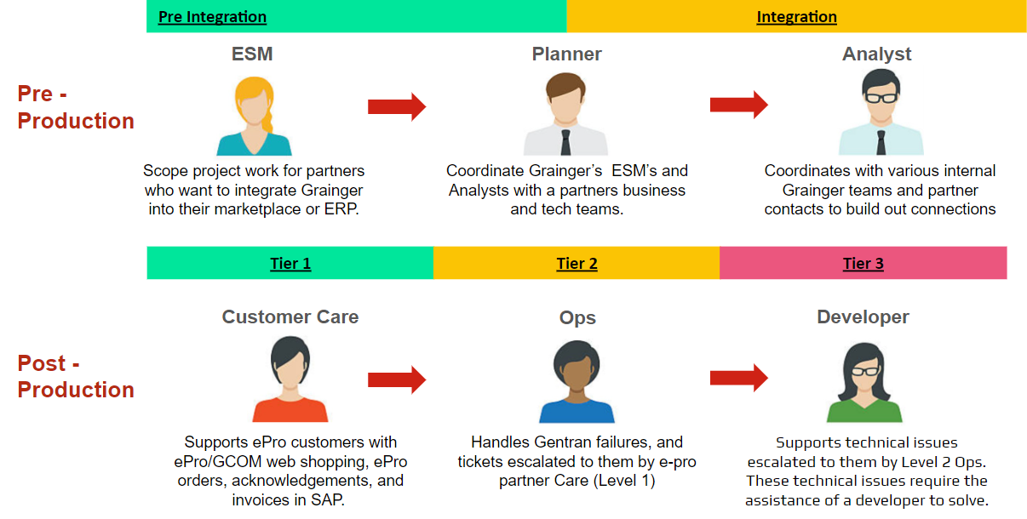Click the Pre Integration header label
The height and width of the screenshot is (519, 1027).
(x=212, y=17)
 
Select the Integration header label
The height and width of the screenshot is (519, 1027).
(x=796, y=17)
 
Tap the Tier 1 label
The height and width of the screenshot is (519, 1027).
(x=290, y=264)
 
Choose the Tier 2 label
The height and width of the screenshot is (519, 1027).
(x=577, y=264)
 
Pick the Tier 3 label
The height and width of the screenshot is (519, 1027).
(x=863, y=264)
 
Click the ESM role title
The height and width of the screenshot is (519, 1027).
(x=252, y=54)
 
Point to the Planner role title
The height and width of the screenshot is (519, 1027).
(x=566, y=54)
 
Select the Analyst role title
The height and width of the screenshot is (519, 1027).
(x=876, y=54)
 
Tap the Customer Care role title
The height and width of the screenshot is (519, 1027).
(x=290, y=317)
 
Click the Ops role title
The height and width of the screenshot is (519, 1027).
(x=577, y=318)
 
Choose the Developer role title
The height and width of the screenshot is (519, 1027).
(x=863, y=317)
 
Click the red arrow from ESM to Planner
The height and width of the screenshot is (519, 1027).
(x=396, y=106)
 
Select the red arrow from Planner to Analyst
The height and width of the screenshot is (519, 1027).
(x=738, y=105)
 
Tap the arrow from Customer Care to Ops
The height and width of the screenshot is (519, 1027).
(x=396, y=379)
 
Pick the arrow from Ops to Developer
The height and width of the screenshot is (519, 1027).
(x=738, y=378)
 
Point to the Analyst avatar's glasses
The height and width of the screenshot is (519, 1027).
(x=881, y=96)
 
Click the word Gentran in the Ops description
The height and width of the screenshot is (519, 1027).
(x=560, y=442)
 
